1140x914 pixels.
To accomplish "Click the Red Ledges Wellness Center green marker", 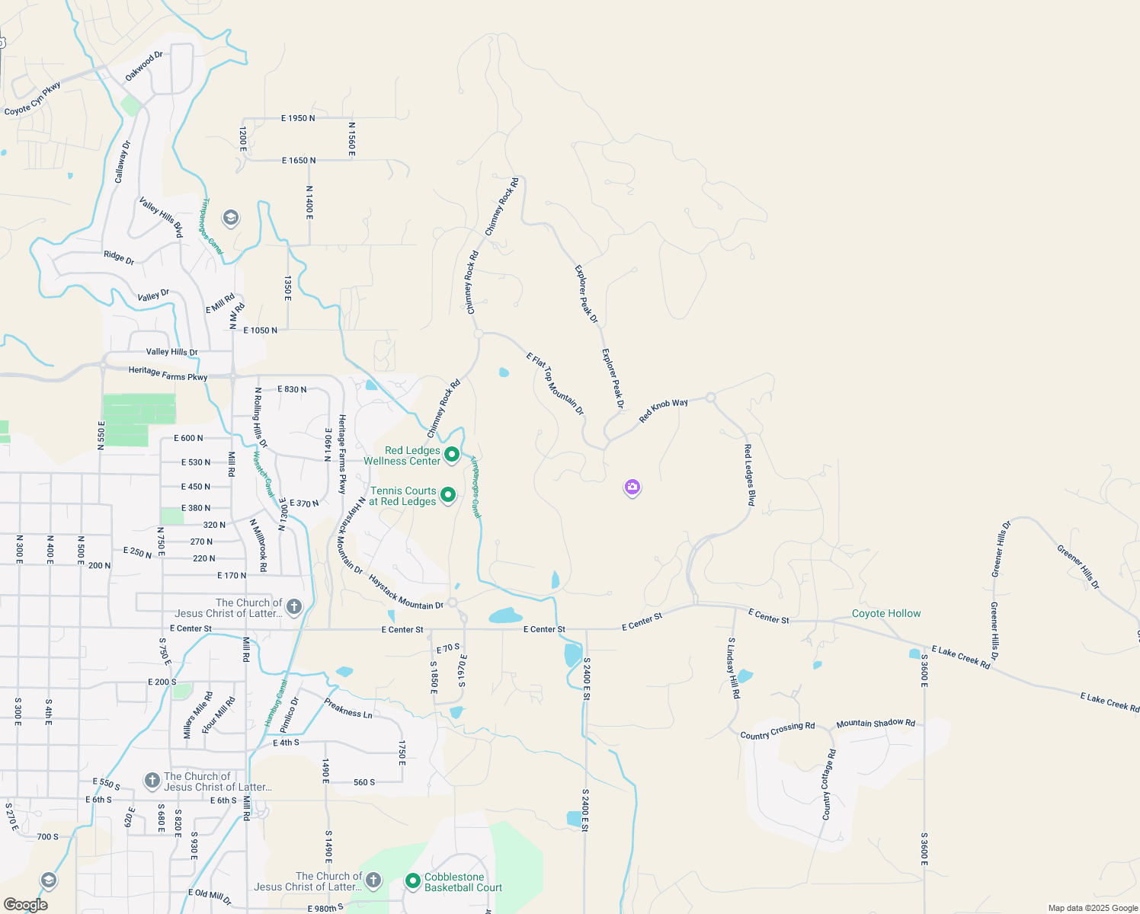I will [x=452, y=455].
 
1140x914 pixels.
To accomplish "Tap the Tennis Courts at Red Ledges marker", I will [x=448, y=495].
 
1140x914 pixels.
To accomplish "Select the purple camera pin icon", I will [x=632, y=487].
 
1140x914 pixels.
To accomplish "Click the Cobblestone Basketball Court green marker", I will [x=413, y=881].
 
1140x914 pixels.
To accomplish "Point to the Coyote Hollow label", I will [x=886, y=613].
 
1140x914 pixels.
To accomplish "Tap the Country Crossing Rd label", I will [x=777, y=731].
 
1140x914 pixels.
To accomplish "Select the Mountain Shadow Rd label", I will [x=876, y=723].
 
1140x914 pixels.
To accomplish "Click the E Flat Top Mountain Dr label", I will [x=555, y=383].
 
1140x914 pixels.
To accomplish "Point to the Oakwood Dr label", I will [x=144, y=66].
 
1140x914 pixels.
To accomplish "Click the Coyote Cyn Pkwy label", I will [x=33, y=100].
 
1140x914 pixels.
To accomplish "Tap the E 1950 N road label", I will [x=298, y=118].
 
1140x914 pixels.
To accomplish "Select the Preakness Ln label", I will [x=348, y=708].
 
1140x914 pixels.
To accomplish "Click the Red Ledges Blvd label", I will [x=750, y=475].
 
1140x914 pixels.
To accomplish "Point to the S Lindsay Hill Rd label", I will [x=733, y=668].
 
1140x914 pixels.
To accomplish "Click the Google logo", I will [x=25, y=905].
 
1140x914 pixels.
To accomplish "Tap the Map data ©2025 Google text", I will [x=1093, y=908].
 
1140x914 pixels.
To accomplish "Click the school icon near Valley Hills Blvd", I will [x=230, y=219].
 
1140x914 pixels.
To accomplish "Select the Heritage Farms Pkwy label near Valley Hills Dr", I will [x=168, y=373].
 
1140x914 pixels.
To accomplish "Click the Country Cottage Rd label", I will [x=828, y=785].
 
